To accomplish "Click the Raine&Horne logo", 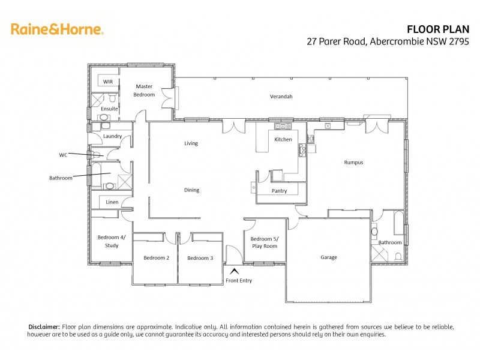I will (x=57, y=29).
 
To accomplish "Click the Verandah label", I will (x=281, y=96).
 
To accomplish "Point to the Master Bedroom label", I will (x=145, y=91).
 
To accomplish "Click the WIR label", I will (x=108, y=81).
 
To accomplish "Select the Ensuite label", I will (x=109, y=109).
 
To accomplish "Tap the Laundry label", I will (x=112, y=136).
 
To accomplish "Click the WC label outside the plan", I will (x=63, y=154).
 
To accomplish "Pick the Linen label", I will (x=112, y=202).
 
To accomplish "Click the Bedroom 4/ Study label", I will (x=112, y=241).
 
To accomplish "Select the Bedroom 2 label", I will (x=156, y=258).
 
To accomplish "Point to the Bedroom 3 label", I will (x=200, y=258).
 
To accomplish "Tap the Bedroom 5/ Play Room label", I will (x=264, y=242).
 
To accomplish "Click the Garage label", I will (x=328, y=257).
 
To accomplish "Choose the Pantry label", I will (x=279, y=191).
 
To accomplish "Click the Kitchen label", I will (x=283, y=139).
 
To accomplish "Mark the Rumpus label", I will (x=353, y=162).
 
